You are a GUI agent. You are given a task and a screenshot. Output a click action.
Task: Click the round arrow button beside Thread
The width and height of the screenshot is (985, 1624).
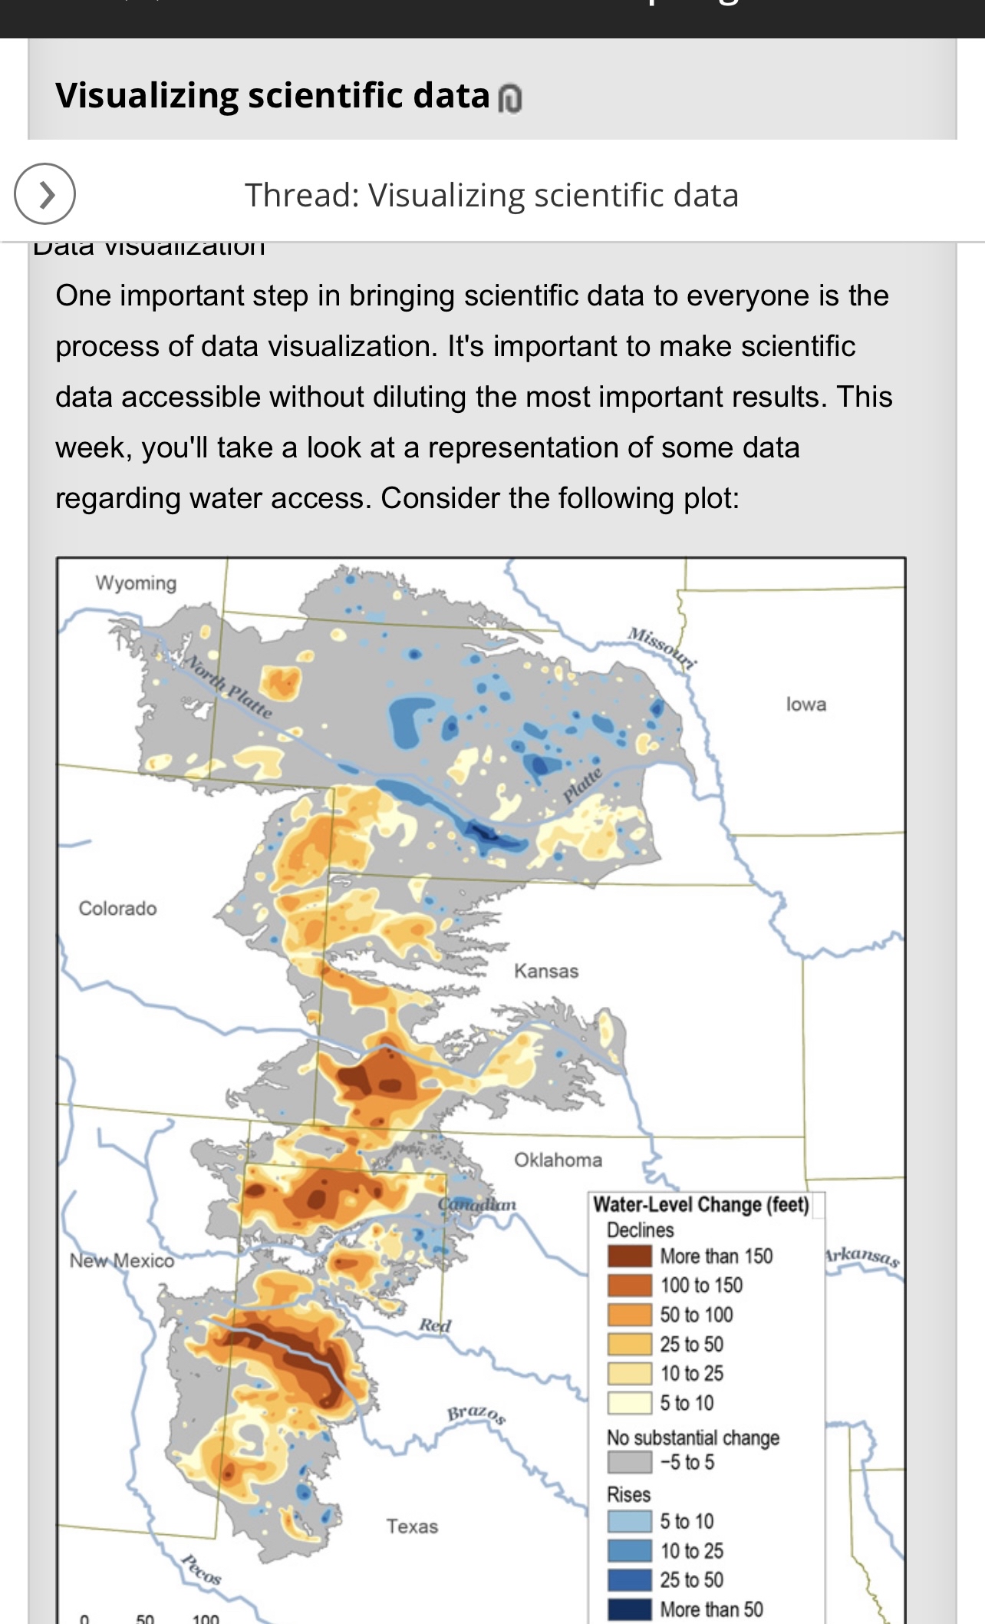44,194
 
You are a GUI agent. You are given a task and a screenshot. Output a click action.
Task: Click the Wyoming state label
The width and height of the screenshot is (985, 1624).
136,583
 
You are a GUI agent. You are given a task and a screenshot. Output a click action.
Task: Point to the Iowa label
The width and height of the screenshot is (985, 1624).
805,705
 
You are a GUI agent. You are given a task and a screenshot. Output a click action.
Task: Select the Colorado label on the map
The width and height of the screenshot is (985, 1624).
117,909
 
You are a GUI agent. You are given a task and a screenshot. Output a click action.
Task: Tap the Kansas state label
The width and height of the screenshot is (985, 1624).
546,972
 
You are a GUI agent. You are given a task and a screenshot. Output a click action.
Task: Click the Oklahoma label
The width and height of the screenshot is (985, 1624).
558,1160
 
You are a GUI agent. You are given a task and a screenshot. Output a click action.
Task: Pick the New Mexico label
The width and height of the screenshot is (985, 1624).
121,1261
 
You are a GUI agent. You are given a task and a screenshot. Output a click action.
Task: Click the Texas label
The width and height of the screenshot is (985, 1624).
412,1527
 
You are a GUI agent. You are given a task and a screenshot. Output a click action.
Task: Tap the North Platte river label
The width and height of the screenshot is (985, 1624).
229,686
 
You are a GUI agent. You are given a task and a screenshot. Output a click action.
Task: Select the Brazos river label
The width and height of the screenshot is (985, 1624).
476,1414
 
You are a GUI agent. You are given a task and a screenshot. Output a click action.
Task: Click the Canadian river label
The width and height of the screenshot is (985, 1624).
477,1205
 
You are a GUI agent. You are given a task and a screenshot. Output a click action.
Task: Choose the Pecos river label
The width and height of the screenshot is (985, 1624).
202,1570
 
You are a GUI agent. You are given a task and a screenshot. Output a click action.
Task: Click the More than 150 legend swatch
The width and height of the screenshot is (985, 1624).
629,1256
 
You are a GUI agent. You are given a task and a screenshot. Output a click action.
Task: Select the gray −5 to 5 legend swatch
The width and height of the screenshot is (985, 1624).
629,1462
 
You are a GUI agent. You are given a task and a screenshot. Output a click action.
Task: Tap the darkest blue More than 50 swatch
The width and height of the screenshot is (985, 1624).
629,1609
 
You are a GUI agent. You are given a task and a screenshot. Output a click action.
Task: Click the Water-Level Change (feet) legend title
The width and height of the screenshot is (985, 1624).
701,1205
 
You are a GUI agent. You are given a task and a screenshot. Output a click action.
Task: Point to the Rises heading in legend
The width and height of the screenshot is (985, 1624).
628,1494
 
